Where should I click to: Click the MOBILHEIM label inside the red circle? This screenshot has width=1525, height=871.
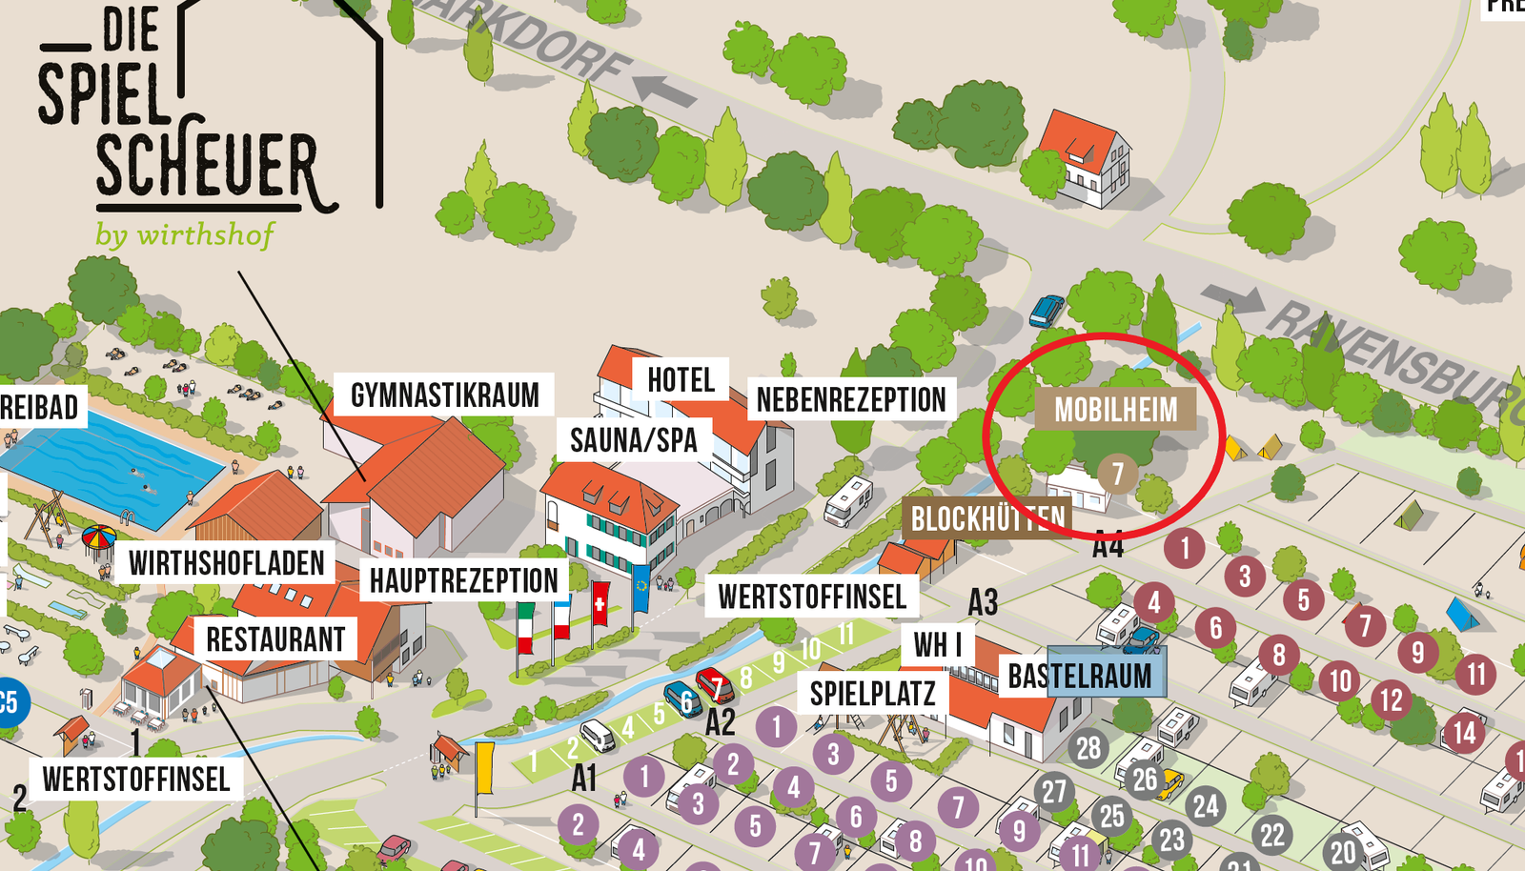tap(1115, 410)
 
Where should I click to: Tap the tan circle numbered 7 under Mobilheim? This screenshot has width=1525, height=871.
tap(1117, 474)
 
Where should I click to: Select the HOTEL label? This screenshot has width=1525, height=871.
tap(681, 379)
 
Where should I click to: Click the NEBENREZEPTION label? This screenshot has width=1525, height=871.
tap(851, 400)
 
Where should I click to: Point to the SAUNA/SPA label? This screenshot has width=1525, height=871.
tap(634, 440)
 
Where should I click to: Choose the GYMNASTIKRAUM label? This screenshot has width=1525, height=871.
tap(444, 395)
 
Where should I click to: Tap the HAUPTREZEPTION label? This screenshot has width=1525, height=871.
tap(463, 580)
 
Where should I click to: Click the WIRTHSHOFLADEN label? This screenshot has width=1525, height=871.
tap(227, 563)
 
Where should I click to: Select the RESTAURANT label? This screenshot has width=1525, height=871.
tap(275, 639)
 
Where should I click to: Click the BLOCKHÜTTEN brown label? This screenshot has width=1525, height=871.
tap(987, 519)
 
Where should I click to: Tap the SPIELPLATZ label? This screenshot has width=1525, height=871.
tap(872, 694)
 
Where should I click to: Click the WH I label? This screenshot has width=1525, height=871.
tap(937, 645)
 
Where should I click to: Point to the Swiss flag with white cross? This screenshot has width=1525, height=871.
tap(600, 604)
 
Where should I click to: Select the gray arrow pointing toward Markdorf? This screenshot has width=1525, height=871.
tap(665, 91)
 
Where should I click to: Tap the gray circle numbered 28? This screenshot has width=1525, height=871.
tap(1088, 748)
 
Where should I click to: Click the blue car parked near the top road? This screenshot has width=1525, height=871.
tap(1046, 311)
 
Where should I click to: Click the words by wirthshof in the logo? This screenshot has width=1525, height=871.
tap(185, 234)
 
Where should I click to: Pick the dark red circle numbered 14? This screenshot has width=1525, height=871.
tap(1464, 733)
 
